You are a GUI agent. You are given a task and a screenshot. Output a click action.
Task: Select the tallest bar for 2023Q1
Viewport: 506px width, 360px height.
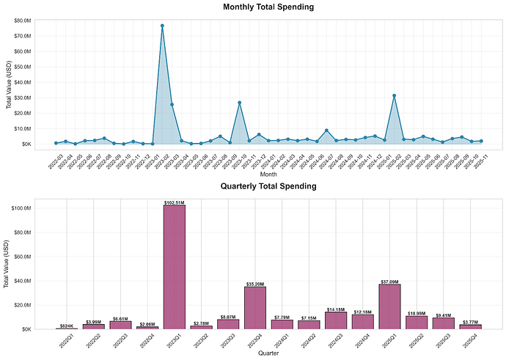174,267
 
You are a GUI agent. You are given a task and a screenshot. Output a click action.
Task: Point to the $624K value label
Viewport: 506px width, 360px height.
67,325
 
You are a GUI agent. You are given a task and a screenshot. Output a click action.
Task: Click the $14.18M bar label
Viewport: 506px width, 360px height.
335,309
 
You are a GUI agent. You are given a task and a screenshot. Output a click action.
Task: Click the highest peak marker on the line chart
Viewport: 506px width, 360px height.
162,26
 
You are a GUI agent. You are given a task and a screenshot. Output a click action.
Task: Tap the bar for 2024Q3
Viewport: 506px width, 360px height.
335,320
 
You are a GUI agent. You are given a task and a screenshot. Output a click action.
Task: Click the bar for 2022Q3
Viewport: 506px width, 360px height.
120,325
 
